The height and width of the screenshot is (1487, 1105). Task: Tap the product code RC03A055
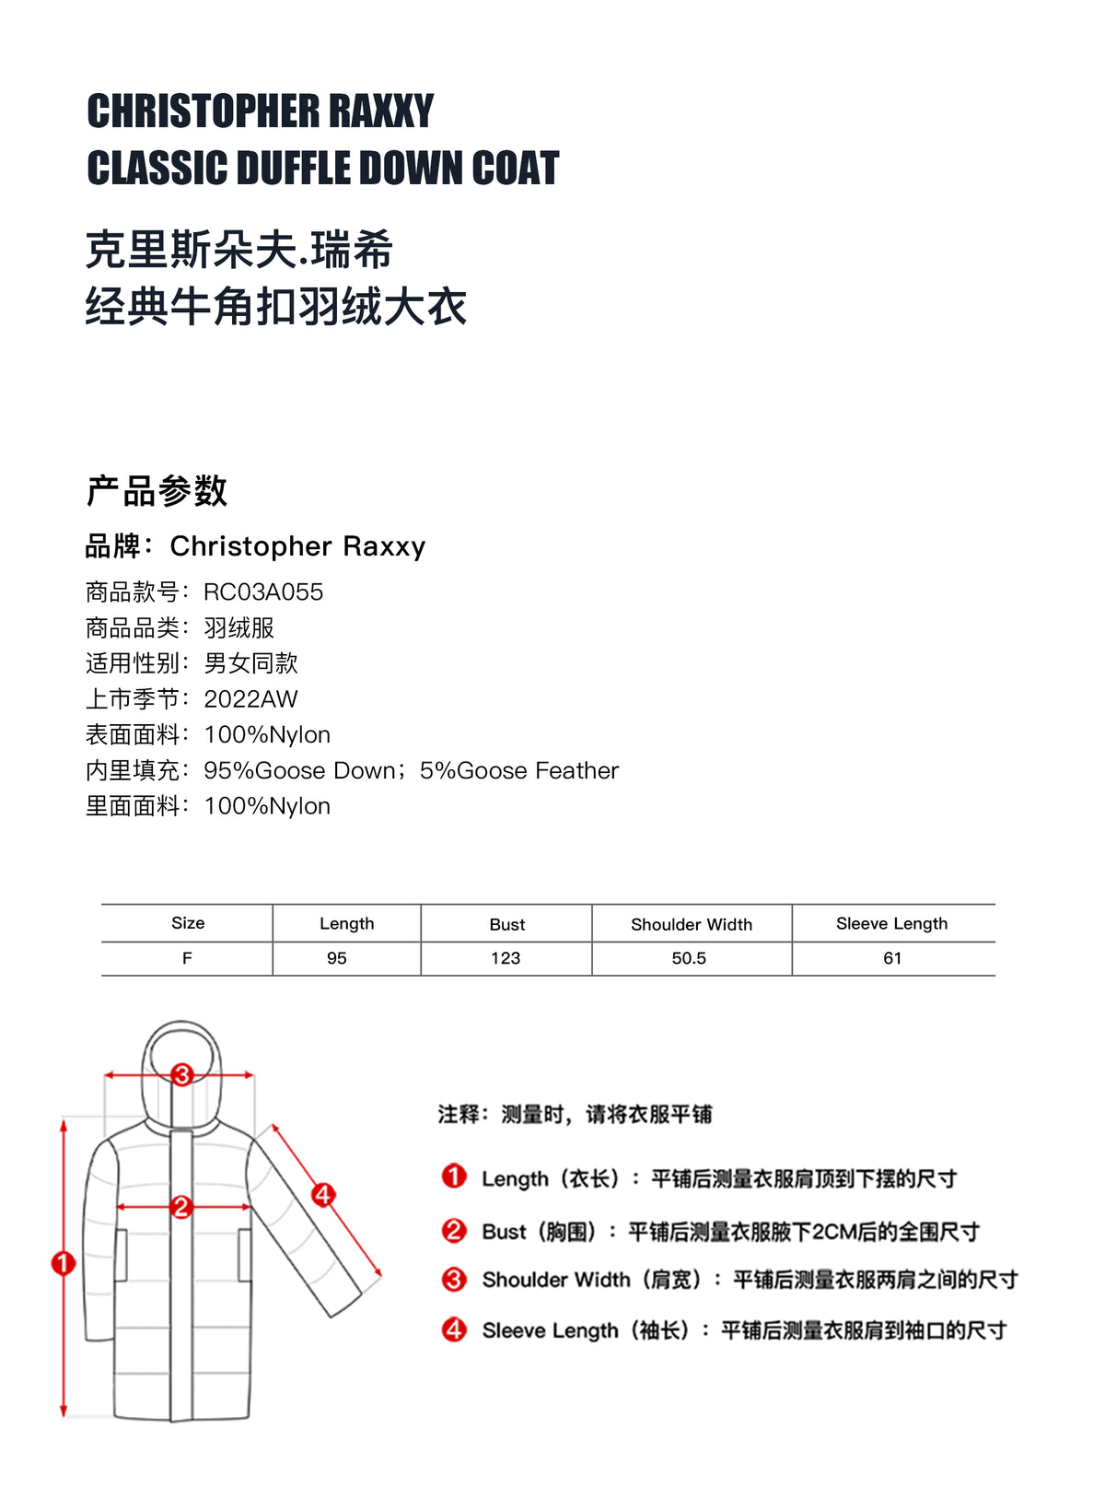coord(263,592)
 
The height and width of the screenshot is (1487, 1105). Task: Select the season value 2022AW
coord(250,699)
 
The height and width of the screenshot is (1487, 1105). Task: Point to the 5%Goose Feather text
coord(519,770)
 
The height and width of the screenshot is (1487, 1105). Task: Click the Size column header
coord(188,923)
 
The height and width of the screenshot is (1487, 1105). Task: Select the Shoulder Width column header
coord(692,924)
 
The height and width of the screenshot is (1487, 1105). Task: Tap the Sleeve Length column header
coord(891,923)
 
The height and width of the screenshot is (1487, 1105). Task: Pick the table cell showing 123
coord(506,958)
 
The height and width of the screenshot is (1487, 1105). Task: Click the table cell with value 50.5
coord(689,958)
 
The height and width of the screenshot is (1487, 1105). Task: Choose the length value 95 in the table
coord(337,958)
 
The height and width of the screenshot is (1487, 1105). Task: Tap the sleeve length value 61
coord(892,958)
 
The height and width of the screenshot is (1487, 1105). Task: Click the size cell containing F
coord(187,958)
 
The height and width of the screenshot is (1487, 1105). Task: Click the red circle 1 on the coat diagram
coord(64,1263)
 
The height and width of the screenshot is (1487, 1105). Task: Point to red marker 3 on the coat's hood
coord(181,1074)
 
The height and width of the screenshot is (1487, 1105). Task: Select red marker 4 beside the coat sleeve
coord(323,1195)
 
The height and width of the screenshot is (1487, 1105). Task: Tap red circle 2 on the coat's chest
coord(181,1206)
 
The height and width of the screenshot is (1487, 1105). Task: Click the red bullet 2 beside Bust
coord(454,1231)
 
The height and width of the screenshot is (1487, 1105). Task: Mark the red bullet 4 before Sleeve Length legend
coord(454,1329)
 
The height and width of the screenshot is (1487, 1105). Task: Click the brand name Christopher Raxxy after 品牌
coord(297,546)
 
